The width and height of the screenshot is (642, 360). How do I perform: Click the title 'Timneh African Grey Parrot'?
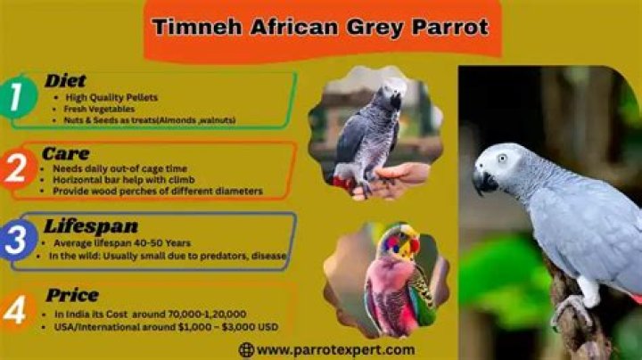click(320, 27)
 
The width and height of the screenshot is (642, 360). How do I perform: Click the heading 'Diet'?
click(65, 81)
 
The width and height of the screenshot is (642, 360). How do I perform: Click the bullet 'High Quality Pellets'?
click(111, 96)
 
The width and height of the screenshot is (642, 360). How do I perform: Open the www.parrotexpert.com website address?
click(334, 350)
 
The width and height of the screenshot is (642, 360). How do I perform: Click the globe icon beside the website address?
click(246, 350)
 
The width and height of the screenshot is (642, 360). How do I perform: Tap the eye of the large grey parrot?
click(502, 159)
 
